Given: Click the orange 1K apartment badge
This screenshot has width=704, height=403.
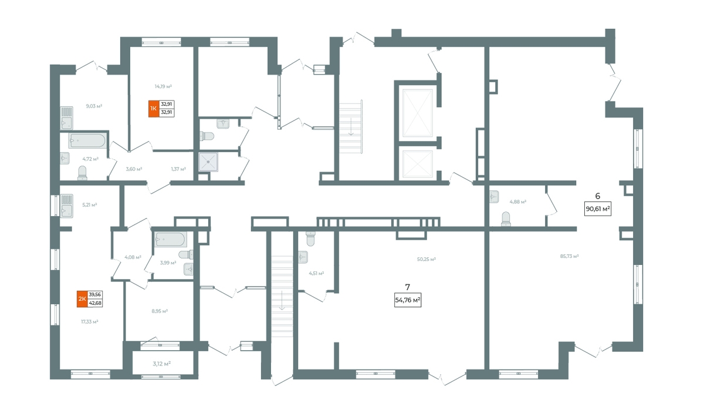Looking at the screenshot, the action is coord(154,109).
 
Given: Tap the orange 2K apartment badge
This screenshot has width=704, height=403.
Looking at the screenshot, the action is coord(82,299).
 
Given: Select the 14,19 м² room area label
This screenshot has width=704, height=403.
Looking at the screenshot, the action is coord(163,86).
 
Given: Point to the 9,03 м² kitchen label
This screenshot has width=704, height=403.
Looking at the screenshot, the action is coord(94,106).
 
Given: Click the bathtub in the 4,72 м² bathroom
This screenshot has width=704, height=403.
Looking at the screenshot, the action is coord(87,140).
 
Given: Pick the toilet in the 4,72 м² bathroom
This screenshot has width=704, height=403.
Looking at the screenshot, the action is coord(82,173).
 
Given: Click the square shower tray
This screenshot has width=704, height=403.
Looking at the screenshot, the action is coord(208,162).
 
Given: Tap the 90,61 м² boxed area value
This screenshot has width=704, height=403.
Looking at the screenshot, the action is coord(598,209).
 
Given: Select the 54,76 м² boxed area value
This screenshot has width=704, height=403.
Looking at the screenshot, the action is coord(408,300).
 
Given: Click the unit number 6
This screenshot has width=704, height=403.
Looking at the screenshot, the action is coord(597,196).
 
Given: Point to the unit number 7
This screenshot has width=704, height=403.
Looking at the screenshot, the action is coord(408,287).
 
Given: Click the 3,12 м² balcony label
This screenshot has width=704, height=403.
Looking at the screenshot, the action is coord(161,364).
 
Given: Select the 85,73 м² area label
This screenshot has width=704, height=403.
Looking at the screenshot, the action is coord(569,256).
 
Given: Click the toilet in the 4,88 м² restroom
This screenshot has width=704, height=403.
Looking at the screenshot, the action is coord(506,219).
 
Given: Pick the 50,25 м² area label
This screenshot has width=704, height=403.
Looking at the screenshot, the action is coord(426,259).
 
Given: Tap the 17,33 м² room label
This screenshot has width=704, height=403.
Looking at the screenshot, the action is coord(90,321).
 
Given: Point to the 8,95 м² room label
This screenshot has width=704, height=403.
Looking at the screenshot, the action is coord(160,311).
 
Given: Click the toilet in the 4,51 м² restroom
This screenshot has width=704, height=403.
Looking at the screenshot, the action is coord(310,239).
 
